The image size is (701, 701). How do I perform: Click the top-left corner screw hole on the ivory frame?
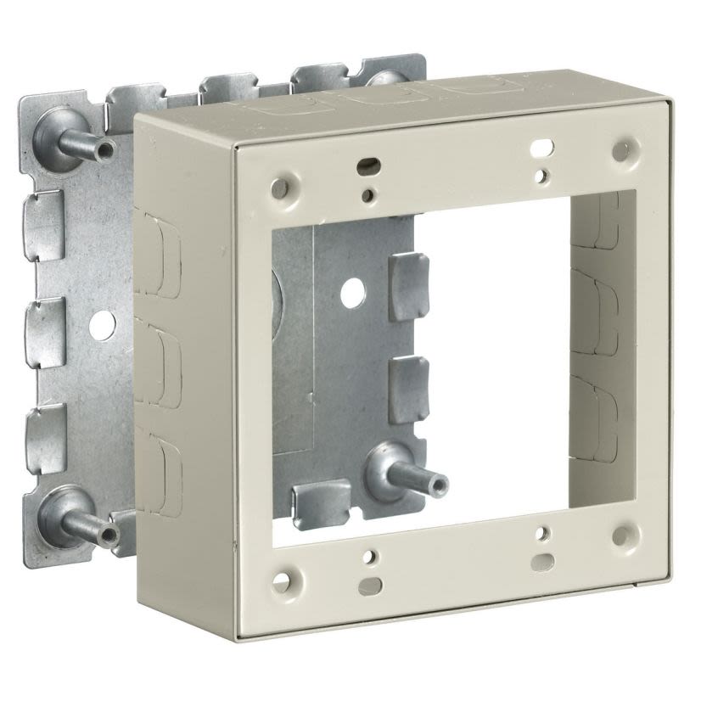coord(278,184)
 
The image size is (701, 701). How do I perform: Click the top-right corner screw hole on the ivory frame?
coord(622,152)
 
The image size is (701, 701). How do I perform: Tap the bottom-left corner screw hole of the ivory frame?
coord(280,582)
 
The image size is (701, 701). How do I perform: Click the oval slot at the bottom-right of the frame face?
coord(543,561)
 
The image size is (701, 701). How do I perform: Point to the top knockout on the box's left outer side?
coord(158,254)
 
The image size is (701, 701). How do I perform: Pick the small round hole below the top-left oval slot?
coord(367,196)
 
